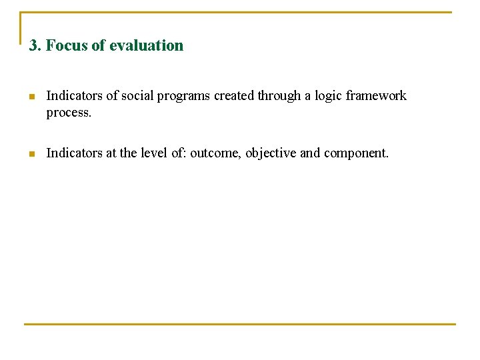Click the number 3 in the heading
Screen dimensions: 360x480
[33, 46]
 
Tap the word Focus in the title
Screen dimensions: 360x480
[63, 46]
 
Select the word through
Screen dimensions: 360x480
[279, 96]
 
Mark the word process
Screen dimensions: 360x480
[68, 113]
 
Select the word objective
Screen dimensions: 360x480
[271, 153]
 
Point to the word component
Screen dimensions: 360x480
[356, 153]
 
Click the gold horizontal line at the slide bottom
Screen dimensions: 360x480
[240, 324]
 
